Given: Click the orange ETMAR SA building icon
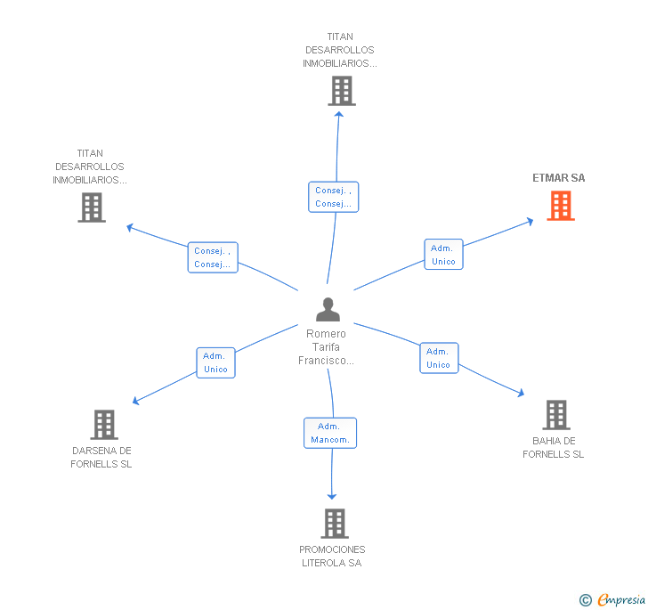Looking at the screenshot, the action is tap(561, 206).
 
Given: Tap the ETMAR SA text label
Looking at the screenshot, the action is tap(558, 178).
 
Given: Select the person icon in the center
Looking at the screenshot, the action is tap(328, 309).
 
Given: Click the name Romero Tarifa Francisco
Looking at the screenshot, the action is tap(326, 347).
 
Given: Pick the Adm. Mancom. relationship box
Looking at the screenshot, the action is tap(330, 433).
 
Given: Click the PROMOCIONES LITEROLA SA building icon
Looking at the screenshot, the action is tap(335, 524).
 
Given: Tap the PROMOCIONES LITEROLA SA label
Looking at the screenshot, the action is tap(332, 557).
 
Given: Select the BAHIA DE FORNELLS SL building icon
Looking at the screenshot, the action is tap(556, 415).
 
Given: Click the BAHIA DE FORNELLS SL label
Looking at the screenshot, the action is tap(554, 447).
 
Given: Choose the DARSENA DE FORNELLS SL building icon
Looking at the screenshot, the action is tap(104, 425).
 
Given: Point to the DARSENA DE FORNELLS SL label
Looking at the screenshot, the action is tap(101, 458).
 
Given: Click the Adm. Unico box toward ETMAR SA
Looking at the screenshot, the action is tap(443, 255).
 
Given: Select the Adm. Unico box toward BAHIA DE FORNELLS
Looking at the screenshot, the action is tap(439, 358).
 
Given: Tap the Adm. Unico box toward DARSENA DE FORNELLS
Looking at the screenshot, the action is tap(215, 362).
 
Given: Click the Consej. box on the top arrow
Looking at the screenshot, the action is tap(334, 197).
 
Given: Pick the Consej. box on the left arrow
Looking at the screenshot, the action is tap(213, 257).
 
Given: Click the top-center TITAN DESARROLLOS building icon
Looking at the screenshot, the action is tap(342, 91).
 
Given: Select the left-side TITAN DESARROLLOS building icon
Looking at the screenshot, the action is tap(92, 207).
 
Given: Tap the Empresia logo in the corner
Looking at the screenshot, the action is tap(612, 599).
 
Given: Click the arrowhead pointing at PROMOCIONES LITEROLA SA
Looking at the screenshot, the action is tap(332, 496).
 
